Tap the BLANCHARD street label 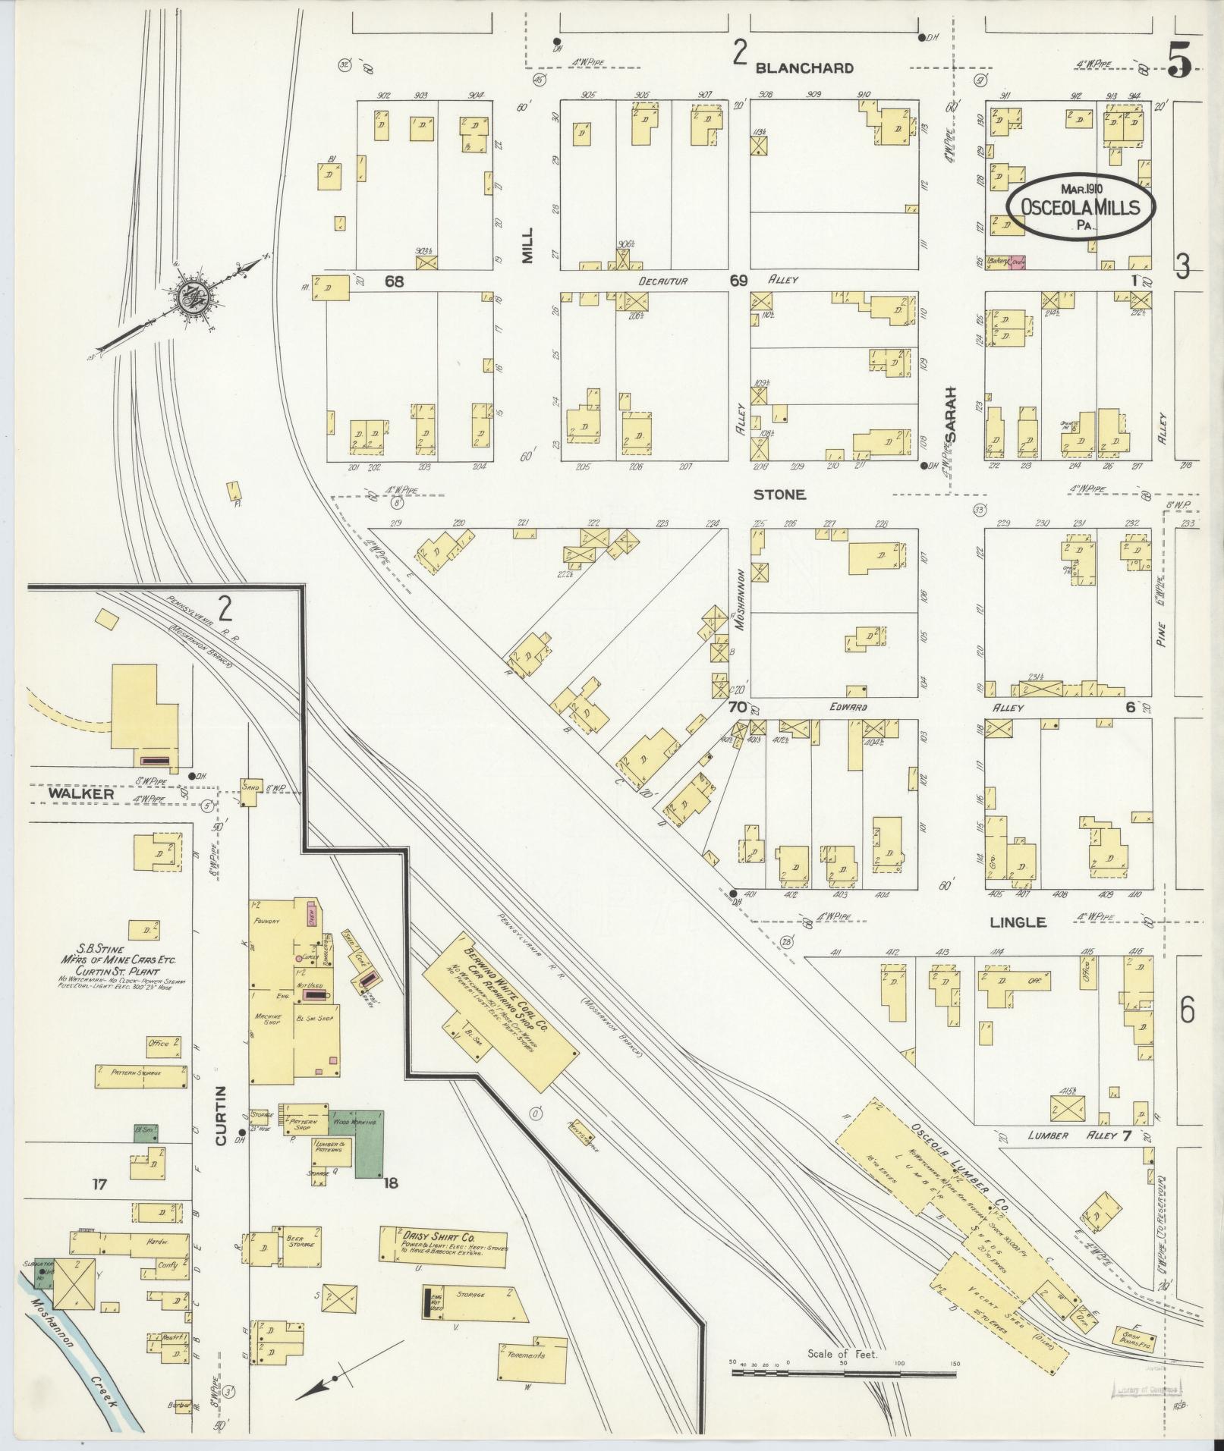(804, 68)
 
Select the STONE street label (779, 495)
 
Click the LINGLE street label (1018, 922)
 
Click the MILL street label (528, 246)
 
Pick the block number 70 (736, 707)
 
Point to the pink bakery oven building (1017, 262)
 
